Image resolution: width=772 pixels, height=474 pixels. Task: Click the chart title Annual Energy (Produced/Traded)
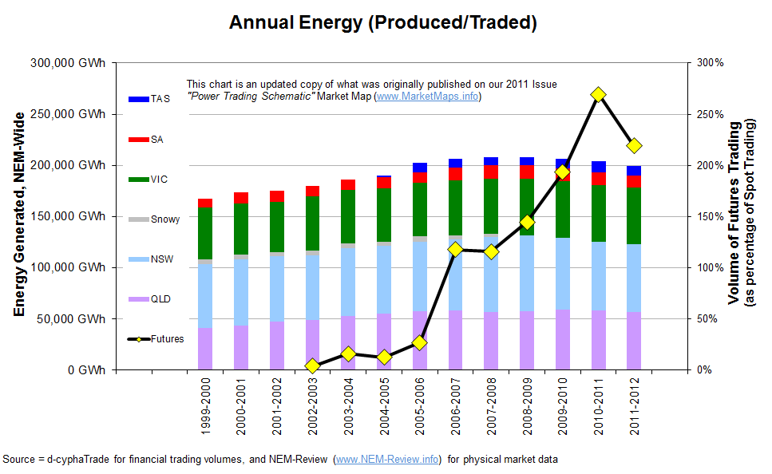tap(382, 22)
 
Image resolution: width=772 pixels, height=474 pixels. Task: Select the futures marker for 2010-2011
tap(598, 95)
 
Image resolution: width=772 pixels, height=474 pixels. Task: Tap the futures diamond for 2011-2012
tap(634, 146)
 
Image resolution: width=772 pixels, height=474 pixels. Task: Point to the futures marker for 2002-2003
tap(312, 365)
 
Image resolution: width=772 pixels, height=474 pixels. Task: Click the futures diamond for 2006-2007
tap(455, 250)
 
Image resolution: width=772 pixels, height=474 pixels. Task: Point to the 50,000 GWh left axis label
tap(77, 319)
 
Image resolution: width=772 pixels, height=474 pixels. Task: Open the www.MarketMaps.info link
tap(427, 97)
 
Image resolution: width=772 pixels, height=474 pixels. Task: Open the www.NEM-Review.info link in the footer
tap(387, 460)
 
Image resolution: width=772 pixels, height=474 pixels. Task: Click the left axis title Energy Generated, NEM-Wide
tap(18, 215)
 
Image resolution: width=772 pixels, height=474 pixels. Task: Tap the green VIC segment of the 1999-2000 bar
tap(205, 233)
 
